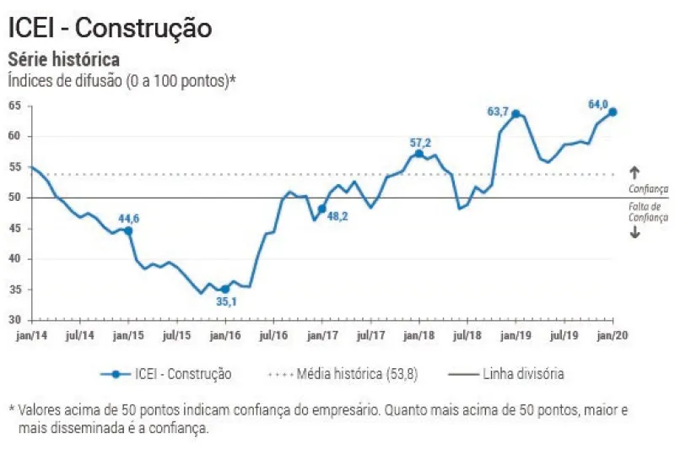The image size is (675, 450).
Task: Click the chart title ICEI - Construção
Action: pyautogui.click(x=110, y=27)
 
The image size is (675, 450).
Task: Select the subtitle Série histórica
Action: pyautogui.click(x=63, y=60)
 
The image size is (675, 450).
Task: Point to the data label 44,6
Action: pyautogui.click(x=129, y=219)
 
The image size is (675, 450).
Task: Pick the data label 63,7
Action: pyautogui.click(x=500, y=111)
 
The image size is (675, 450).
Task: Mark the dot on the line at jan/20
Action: pyautogui.click(x=613, y=111)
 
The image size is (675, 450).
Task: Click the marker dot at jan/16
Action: pyautogui.click(x=225, y=289)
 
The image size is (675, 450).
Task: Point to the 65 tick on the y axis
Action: pyautogui.click(x=14, y=106)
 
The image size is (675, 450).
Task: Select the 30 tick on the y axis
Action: pyautogui.click(x=14, y=320)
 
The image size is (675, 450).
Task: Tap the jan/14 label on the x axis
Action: pyautogui.click(x=31, y=335)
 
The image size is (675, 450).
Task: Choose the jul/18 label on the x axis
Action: pyautogui.click(x=467, y=335)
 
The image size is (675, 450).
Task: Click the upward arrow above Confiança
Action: pyautogui.click(x=634, y=173)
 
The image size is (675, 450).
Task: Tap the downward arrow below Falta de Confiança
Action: pyautogui.click(x=634, y=232)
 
